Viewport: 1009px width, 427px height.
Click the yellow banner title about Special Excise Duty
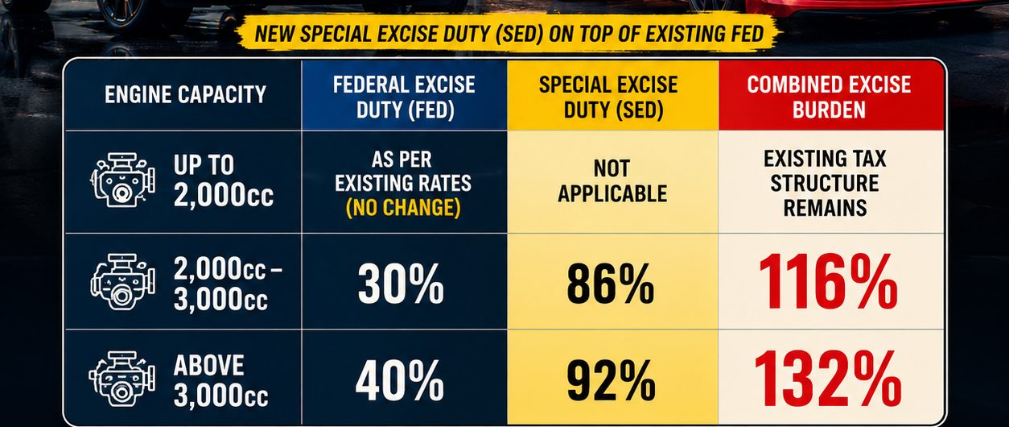[509, 34]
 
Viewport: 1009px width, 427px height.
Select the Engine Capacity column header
[185, 95]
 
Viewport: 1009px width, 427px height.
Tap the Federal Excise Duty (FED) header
[404, 97]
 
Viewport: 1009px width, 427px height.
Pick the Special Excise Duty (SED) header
[608, 97]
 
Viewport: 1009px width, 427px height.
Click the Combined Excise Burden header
[830, 97]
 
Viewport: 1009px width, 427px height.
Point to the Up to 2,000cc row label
[224, 181]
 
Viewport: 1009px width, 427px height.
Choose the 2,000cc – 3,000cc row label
[228, 284]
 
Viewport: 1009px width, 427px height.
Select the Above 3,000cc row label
[220, 380]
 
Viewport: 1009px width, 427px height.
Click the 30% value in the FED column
[401, 284]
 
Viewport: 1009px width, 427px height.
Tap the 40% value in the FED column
[400, 381]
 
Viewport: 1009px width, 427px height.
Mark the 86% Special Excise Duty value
[611, 284]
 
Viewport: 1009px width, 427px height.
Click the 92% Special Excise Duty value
[612, 381]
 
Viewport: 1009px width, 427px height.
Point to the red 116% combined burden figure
[828, 283]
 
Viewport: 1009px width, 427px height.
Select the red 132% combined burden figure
[828, 379]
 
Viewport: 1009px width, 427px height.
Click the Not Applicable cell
[612, 181]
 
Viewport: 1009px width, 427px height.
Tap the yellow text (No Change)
[403, 207]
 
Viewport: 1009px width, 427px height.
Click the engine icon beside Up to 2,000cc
[122, 180]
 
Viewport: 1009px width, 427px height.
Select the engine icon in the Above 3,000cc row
[122, 379]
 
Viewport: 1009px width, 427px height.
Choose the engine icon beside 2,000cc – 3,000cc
[122, 281]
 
